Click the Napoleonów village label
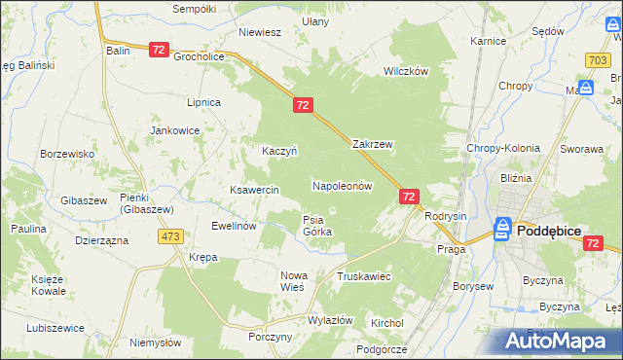(343, 185)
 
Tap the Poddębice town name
(557, 231)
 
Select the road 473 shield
(172, 236)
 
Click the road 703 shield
(599, 60)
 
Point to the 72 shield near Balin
(160, 49)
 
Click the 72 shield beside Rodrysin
(409, 197)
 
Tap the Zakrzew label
(372, 144)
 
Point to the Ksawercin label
(254, 190)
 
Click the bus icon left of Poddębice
(502, 229)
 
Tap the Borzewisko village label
(67, 154)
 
